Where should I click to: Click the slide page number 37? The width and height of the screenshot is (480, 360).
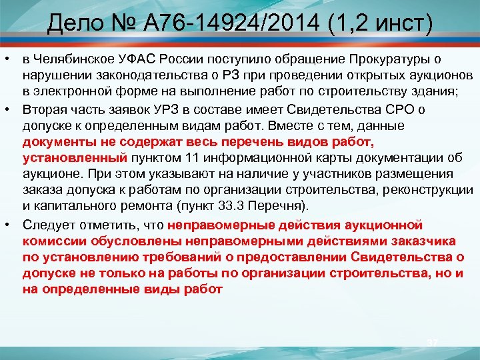pyautogui.click(x=432, y=343)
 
